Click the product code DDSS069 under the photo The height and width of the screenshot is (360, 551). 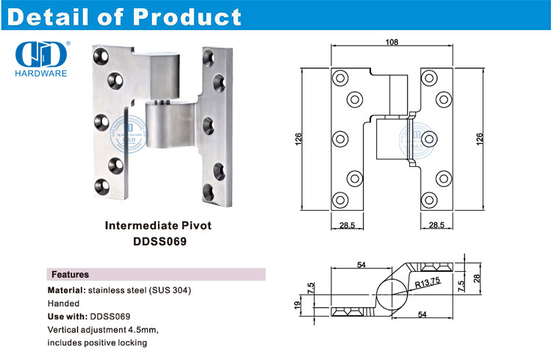pyautogui.click(x=161, y=240)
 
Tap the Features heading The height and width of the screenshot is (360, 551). pyautogui.click(x=70, y=274)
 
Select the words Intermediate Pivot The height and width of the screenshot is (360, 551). pyautogui.click(x=161, y=226)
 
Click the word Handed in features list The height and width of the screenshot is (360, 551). pyautogui.click(x=64, y=303)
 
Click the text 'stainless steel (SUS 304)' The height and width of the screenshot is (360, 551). pyautogui.click(x=140, y=290)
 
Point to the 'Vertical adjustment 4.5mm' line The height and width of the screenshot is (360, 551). pyautogui.click(x=103, y=329)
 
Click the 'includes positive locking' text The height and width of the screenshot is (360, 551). pyautogui.click(x=97, y=342)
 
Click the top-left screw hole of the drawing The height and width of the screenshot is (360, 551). pyautogui.click(x=339, y=77)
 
